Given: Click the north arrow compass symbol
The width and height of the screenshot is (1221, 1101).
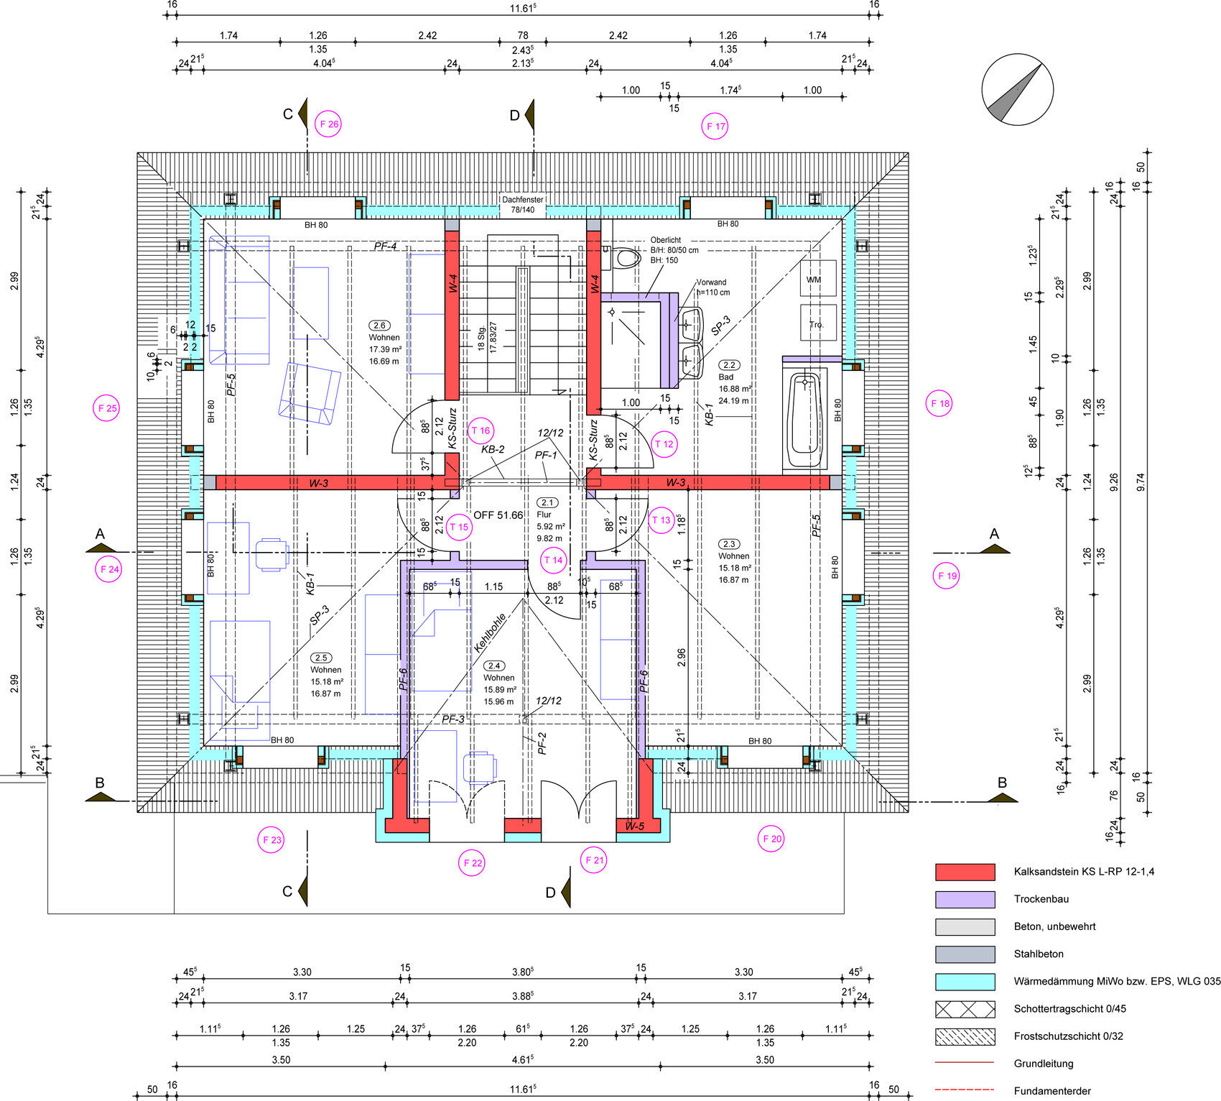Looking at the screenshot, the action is tap(1017, 90).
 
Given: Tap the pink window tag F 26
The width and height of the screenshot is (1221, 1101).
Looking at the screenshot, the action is tap(329, 124).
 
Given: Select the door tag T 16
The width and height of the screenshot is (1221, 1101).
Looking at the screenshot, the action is tap(480, 431).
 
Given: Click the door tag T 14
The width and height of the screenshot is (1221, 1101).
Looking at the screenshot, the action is tap(553, 561).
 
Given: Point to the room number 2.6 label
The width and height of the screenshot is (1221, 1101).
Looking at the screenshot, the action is tap(380, 326).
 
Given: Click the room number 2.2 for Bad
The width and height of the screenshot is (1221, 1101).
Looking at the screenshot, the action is tap(729, 365).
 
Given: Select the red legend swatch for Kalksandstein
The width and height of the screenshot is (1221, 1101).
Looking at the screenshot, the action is tap(965, 872).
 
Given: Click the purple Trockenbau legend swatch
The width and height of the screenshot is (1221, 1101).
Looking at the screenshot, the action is tap(965, 899).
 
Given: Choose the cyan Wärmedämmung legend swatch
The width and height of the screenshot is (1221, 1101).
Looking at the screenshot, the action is tap(965, 982).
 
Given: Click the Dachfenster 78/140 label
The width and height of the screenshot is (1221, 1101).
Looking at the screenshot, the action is tap(523, 205).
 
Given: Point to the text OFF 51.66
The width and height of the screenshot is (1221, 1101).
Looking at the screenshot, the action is tap(498, 515).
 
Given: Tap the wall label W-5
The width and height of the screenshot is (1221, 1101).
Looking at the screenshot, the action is tap(634, 826).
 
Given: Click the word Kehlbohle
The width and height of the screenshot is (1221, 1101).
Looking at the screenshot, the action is tap(490, 632).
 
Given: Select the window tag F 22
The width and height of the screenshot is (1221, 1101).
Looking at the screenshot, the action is tap(473, 863).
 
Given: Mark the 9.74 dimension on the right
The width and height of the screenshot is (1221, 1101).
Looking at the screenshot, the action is tap(1141, 482).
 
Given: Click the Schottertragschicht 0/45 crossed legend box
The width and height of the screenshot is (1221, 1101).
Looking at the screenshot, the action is tap(965, 1009).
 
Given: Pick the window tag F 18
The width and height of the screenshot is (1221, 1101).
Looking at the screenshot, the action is tap(939, 404).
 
